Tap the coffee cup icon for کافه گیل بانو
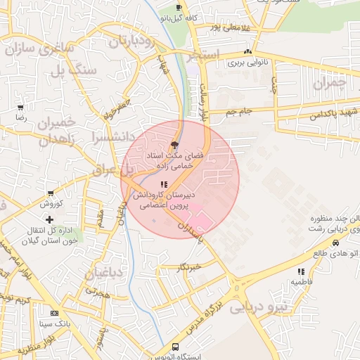click(179, 7)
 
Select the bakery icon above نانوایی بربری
click(247, 52)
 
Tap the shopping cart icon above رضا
click(20, 108)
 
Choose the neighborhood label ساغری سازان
click(39, 50)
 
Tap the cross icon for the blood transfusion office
click(49, 220)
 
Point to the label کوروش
click(51, 204)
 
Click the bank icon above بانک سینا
click(54, 313)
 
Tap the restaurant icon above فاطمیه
click(301, 271)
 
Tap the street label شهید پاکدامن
click(331, 112)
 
